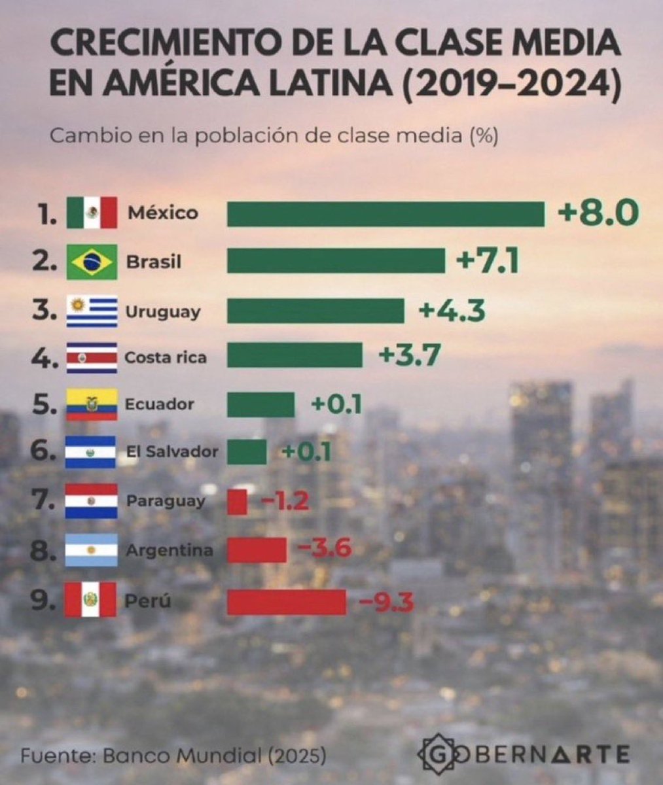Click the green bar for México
385,214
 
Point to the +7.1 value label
488,262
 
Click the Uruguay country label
162,312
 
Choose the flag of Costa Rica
92,357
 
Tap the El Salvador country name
171,451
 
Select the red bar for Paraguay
237,502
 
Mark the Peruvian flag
91,599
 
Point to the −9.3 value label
384,601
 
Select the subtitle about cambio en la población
274,137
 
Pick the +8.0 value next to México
597,213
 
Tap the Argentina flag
92,550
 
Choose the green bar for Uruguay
315,311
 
